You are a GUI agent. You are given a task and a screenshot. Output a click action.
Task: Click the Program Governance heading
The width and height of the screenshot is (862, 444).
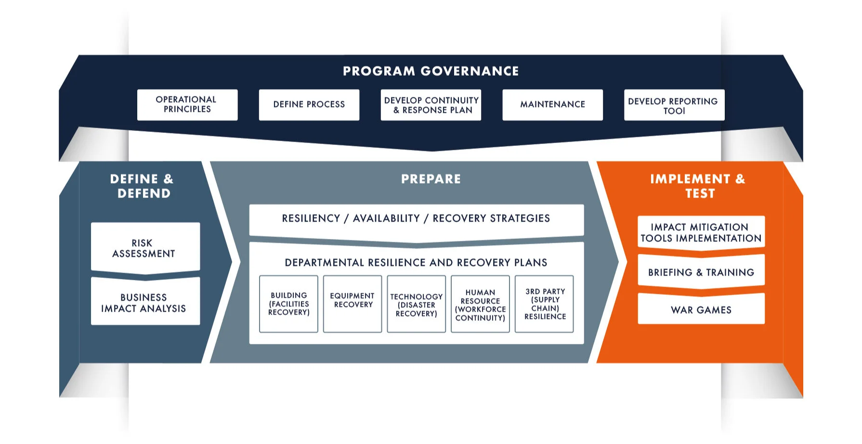[431, 71]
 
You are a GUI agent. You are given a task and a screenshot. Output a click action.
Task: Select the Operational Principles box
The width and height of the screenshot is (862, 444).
[187, 104]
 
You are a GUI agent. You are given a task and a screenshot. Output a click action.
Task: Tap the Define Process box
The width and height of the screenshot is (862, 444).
[309, 104]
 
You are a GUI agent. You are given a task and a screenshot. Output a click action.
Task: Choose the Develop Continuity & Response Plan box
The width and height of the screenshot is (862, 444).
[431, 104]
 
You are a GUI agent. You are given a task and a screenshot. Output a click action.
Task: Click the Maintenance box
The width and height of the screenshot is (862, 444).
[552, 104]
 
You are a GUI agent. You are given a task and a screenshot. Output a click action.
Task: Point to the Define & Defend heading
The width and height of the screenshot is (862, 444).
[143, 186]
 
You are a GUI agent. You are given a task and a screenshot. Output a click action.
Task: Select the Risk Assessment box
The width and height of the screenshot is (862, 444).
[145, 248]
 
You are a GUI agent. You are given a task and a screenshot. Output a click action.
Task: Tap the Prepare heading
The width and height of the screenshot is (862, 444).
[431, 179]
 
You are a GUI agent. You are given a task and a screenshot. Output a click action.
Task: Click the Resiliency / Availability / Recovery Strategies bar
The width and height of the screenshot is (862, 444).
[416, 219]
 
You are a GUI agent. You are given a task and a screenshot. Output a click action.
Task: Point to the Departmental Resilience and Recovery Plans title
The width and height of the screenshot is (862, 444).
[416, 262]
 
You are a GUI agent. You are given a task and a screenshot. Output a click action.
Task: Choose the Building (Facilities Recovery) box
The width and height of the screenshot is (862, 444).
[288, 304]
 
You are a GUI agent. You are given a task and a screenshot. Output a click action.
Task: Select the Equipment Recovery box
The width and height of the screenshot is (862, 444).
[353, 304]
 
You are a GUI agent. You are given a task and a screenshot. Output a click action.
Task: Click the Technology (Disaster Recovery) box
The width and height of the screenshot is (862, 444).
[416, 304]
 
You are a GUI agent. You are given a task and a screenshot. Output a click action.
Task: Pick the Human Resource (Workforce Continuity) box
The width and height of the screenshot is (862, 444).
[480, 304]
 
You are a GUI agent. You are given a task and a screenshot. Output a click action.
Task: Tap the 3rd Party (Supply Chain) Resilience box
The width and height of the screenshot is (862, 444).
[544, 304]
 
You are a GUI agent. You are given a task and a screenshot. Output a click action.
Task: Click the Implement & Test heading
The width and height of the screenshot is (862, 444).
[699, 186]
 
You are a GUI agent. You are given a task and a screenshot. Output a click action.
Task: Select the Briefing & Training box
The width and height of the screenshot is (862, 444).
[701, 272]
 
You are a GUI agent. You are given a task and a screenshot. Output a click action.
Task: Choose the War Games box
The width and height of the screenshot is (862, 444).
[701, 310]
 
